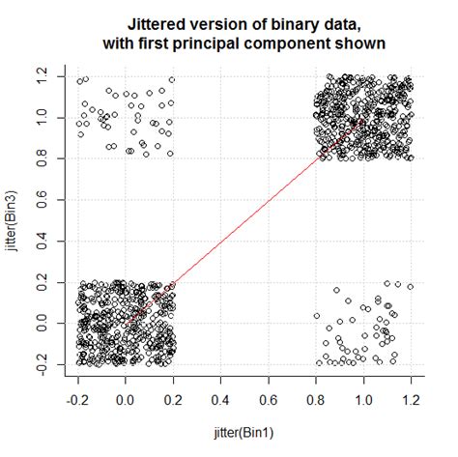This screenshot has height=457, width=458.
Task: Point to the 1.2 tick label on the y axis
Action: (x=43, y=72)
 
